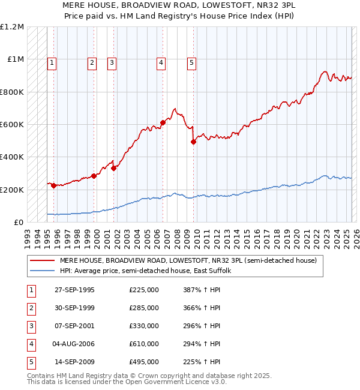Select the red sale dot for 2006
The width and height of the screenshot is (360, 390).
click(163, 123)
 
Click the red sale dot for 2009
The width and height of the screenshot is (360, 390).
click(194, 142)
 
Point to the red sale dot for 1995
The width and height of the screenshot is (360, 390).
click(54, 185)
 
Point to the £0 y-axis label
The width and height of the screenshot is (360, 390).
click(19, 222)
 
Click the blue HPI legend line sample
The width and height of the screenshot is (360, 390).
click(42, 271)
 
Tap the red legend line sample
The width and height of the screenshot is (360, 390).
click(42, 260)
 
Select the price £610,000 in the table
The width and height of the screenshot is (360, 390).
click(144, 344)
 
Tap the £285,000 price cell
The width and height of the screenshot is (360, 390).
click(144, 308)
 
